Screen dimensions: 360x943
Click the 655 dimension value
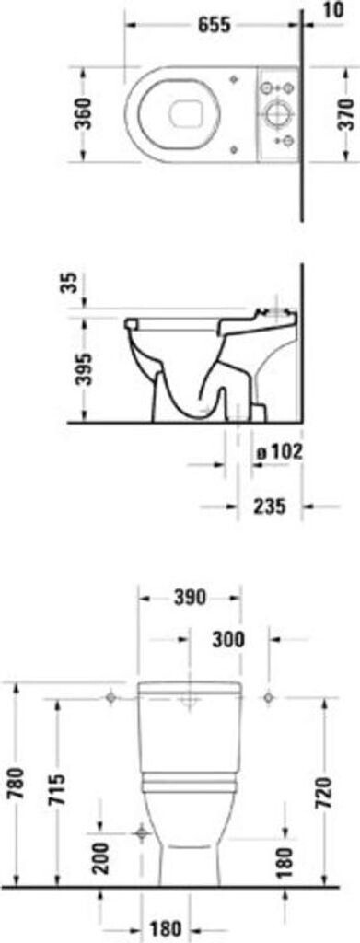coord(215,25)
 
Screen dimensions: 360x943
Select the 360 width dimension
coord(85,113)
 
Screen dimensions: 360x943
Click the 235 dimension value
coord(269,506)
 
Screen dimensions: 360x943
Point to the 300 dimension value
coord(228,640)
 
